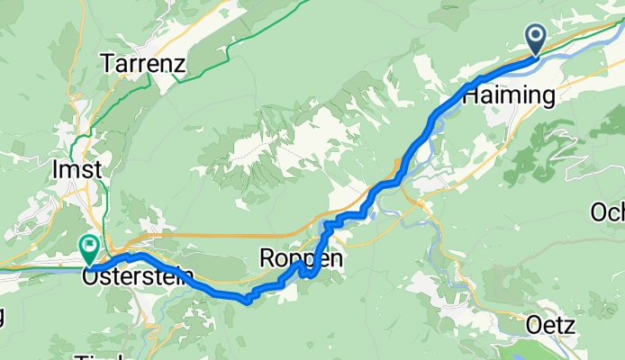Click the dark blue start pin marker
point(536,39)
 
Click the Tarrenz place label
point(143,64)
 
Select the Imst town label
point(78,169)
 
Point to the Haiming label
point(508,96)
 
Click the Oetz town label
point(549,327)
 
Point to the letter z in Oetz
point(570,327)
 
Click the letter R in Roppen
point(267,258)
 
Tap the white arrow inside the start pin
point(536,37)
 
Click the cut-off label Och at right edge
point(608,212)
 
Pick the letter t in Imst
point(97,169)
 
